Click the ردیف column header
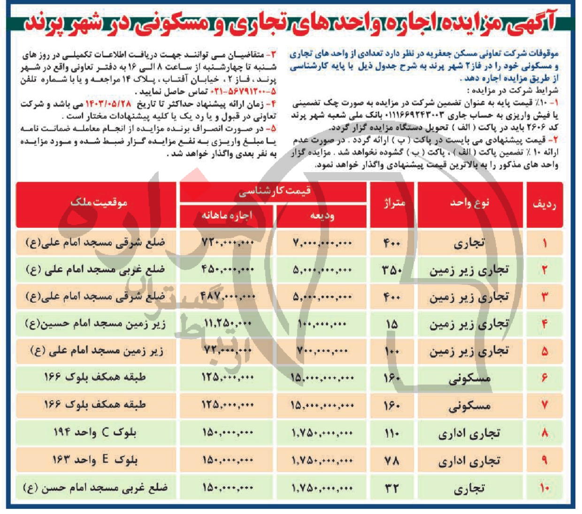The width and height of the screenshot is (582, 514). [544, 204]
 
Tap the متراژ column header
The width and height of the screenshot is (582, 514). [393, 203]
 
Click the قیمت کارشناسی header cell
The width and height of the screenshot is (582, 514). [274, 191]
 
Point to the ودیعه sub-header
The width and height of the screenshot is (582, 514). [322, 216]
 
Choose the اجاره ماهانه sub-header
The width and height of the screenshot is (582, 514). [227, 216]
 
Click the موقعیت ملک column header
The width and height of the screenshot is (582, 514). [99, 203]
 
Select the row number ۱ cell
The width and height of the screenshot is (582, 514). [544, 243]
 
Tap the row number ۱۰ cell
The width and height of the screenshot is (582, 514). [544, 488]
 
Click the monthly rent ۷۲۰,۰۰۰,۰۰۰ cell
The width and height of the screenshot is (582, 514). [228, 243]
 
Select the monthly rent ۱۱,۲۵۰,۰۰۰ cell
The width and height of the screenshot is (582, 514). [228, 324]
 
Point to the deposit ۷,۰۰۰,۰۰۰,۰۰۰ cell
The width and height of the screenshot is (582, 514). [322, 243]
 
